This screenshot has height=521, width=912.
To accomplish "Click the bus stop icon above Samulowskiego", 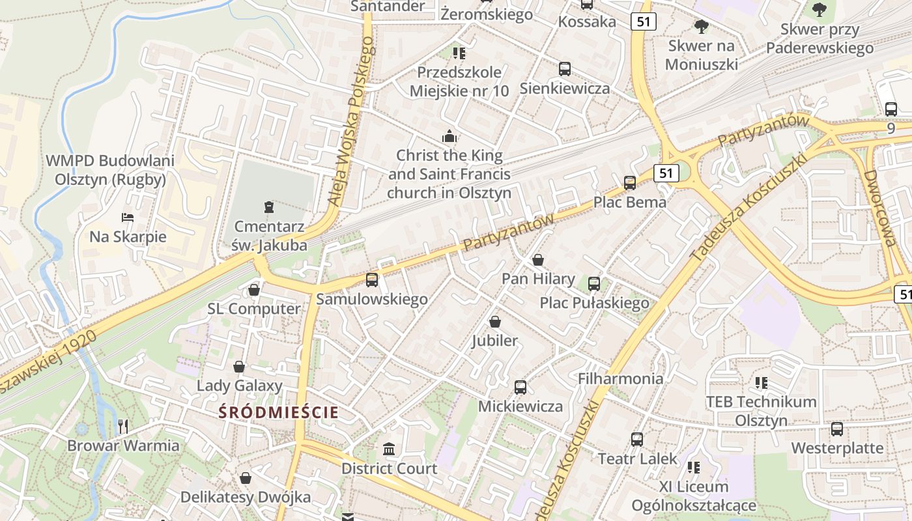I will [x=372, y=280].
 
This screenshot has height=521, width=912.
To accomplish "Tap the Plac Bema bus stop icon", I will [x=630, y=183].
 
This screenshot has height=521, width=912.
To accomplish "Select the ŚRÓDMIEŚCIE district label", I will [x=278, y=412].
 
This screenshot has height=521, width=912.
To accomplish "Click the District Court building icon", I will [x=390, y=449].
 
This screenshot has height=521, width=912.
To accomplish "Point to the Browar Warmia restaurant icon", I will [x=123, y=427].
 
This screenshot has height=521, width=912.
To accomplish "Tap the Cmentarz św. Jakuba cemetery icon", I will [x=268, y=208].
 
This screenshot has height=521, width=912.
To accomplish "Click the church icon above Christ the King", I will [x=449, y=137].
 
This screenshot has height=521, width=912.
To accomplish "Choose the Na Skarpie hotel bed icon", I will [x=128, y=217].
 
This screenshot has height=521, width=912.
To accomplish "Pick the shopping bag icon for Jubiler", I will [x=495, y=322].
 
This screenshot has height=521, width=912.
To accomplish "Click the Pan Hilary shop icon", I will [x=538, y=260].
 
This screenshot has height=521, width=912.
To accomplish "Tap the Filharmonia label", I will [x=620, y=378].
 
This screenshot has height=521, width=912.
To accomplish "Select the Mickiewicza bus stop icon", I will [x=520, y=387].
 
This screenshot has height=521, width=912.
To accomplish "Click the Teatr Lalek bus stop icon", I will [x=637, y=440].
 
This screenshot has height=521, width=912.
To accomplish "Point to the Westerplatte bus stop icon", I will [x=837, y=429].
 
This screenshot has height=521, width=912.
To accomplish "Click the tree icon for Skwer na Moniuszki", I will [x=702, y=27].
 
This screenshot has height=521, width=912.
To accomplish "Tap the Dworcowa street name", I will [x=879, y=208].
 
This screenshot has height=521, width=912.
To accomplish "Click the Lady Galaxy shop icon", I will [x=239, y=367].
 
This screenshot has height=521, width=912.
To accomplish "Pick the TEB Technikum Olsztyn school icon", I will [x=761, y=383].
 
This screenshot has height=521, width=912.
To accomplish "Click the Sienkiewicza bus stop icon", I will [x=565, y=69].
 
